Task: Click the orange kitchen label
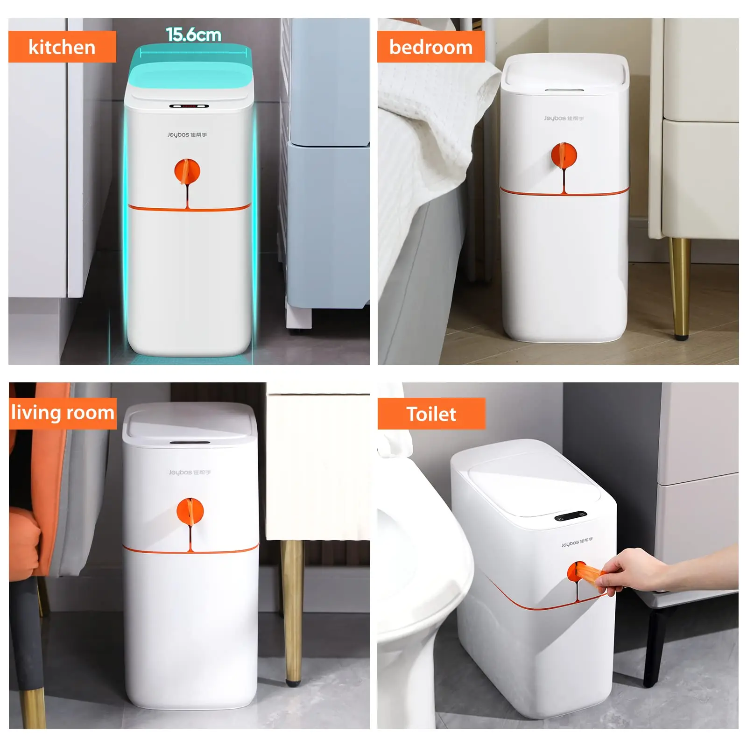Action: pyautogui.click(x=62, y=47)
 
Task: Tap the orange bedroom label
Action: pyautogui.click(x=431, y=47)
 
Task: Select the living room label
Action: pyautogui.click(x=63, y=413)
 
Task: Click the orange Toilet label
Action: pyautogui.click(x=431, y=414)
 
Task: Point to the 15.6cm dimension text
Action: pyautogui.click(x=193, y=35)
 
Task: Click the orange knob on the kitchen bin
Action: pyautogui.click(x=187, y=171)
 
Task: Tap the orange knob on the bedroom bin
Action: pyautogui.click(x=564, y=155)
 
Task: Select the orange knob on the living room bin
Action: pyautogui.click(x=190, y=511)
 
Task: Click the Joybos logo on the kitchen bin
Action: pyautogui.click(x=187, y=134)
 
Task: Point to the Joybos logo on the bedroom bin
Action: pyautogui.click(x=564, y=118)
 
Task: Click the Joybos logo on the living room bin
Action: pyautogui.click(x=190, y=472)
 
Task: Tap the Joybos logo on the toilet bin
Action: pyautogui.click(x=577, y=542)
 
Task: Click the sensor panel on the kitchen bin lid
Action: pyautogui.click(x=189, y=106)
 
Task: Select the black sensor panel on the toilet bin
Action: pyautogui.click(x=571, y=516)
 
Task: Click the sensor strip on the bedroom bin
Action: pyautogui.click(x=564, y=90)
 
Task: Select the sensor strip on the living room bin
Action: pyautogui.click(x=190, y=442)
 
